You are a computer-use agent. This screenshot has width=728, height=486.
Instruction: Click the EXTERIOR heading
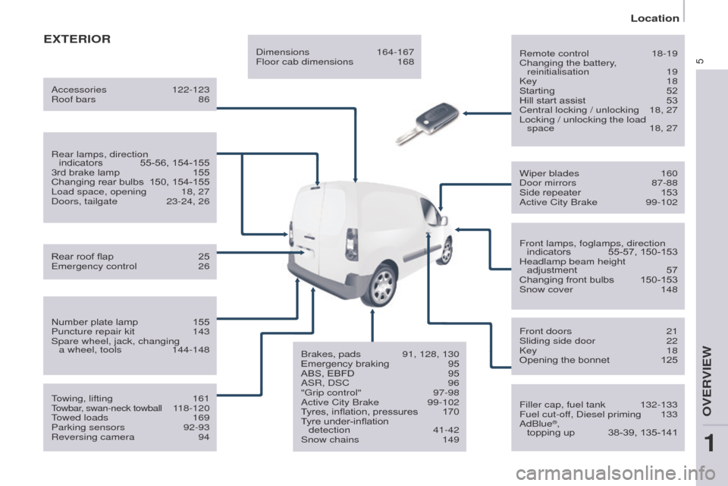77,39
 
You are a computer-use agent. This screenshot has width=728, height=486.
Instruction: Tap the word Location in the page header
654,18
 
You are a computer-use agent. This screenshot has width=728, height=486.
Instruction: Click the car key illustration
427,123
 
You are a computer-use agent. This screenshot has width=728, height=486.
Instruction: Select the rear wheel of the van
382,284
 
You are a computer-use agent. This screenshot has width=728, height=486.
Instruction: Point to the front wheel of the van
447,251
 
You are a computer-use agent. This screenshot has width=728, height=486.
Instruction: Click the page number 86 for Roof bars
204,99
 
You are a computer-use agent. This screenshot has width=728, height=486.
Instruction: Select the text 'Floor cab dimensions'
305,62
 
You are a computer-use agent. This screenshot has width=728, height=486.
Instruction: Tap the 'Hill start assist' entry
552,100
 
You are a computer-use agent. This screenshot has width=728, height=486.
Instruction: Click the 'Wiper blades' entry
549,173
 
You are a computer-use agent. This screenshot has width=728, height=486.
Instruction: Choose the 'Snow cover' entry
546,289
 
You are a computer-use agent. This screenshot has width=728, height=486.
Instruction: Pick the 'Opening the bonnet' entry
564,360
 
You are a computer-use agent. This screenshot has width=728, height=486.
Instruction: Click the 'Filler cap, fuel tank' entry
562,405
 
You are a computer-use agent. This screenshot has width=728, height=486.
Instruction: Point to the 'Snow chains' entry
330,440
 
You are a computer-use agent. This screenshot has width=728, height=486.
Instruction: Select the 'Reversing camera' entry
93,437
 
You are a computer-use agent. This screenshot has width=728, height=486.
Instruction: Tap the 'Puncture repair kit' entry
93,332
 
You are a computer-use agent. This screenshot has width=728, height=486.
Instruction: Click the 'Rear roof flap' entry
82,257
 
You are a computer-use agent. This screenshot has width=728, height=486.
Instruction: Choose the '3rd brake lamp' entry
86,172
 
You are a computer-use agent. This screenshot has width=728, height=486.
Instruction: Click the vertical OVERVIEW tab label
707,380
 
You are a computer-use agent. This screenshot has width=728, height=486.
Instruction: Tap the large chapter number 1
709,443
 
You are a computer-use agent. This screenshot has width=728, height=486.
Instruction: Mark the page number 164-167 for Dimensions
395,52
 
